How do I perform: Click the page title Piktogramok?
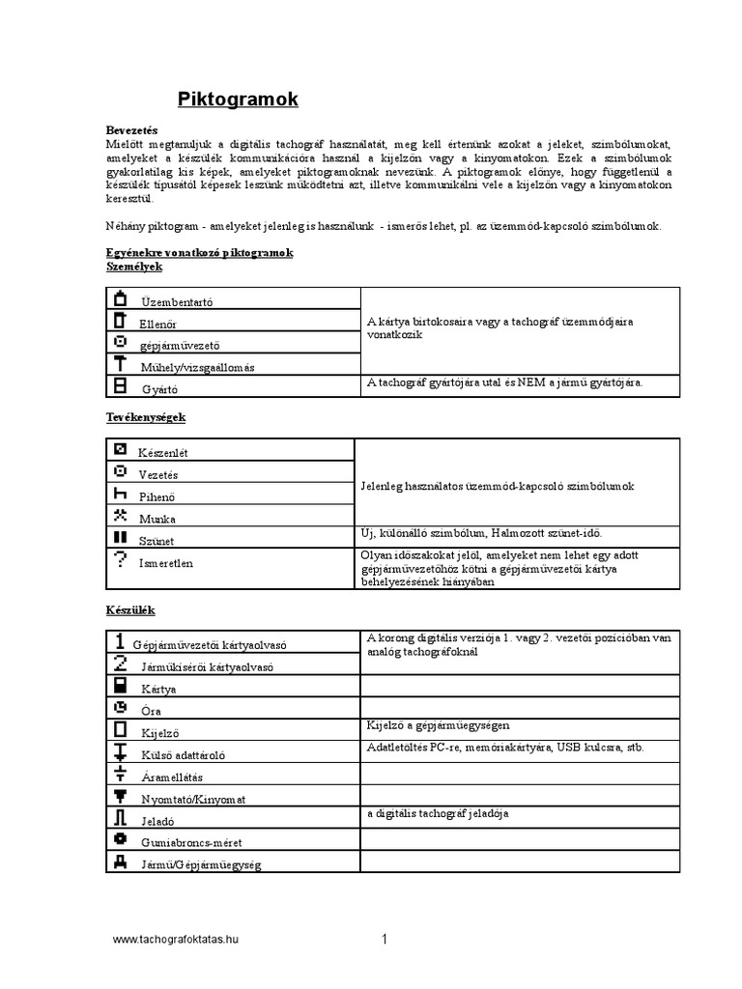point(239,99)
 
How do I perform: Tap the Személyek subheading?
point(134,266)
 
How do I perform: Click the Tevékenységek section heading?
point(145,417)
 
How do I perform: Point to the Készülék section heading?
point(129,610)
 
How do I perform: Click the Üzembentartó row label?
point(177,302)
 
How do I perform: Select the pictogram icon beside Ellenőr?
point(120,320)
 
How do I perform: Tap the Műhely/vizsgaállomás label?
point(200,367)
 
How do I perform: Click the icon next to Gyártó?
point(120,385)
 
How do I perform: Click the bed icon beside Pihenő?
point(120,493)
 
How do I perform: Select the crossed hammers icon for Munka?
point(120,514)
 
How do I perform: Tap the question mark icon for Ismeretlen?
point(120,558)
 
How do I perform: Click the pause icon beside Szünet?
point(120,536)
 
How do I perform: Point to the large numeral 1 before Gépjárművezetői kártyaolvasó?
point(119,640)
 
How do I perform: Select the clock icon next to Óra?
point(120,707)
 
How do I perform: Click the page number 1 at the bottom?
point(385,939)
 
